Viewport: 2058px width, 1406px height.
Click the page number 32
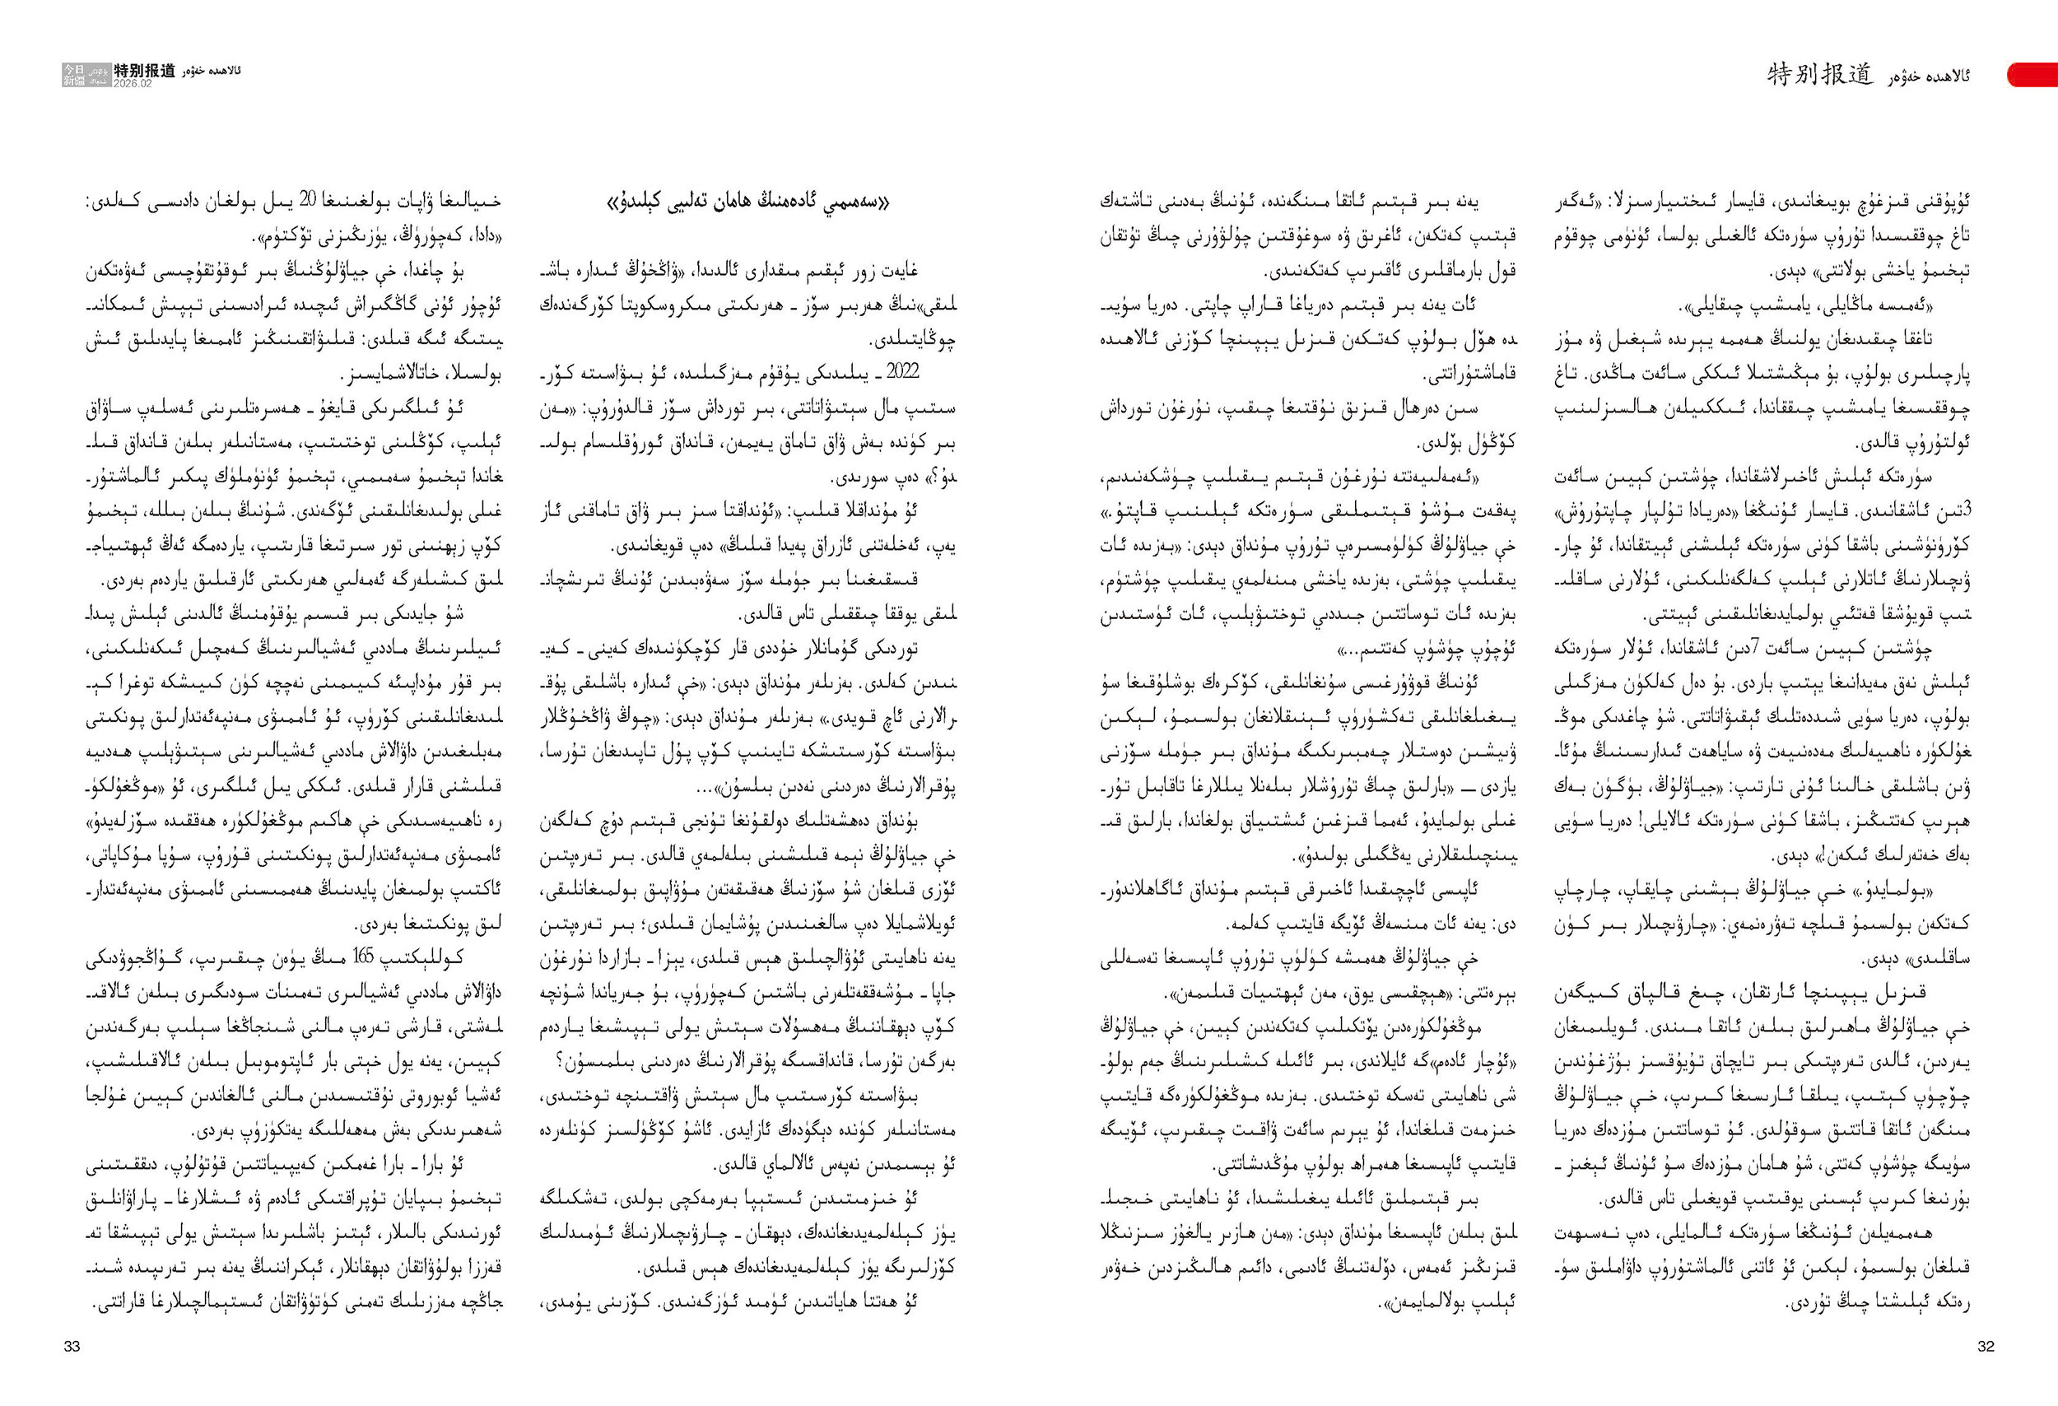tap(1986, 1347)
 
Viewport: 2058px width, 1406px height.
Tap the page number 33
tap(72, 1347)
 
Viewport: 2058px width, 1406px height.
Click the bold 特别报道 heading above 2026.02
tap(144, 70)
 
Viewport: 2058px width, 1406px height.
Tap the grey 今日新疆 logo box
tap(74, 74)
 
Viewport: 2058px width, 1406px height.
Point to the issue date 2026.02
tap(133, 83)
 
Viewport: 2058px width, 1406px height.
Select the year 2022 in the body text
tap(903, 372)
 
